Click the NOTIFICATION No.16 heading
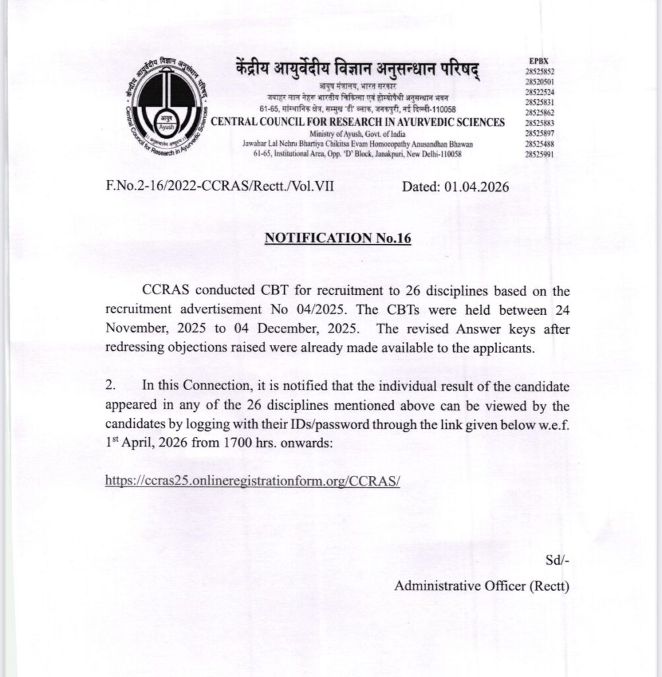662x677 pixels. click(338, 238)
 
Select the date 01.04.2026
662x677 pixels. click(477, 187)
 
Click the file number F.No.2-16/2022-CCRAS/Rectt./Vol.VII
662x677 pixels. click(219, 187)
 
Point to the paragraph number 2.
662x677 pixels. click(110, 385)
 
